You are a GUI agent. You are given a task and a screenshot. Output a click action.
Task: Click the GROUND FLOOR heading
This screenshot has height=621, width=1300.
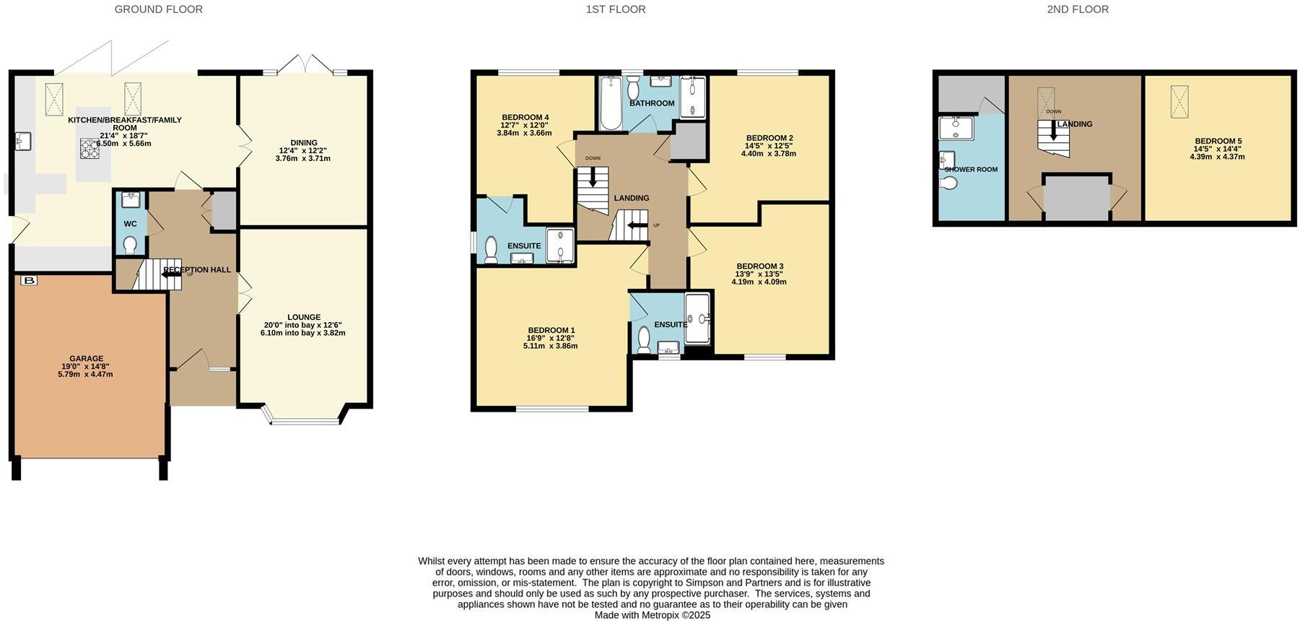pos(158,9)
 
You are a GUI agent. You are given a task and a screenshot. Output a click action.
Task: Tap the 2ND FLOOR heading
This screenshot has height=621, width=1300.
pos(1077,9)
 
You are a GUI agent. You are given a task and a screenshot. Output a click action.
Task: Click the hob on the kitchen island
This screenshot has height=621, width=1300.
pos(90,149)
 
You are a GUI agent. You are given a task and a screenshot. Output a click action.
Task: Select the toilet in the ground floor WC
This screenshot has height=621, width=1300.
pos(130,246)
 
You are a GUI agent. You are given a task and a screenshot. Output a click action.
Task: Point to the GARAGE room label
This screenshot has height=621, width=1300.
pos(86,358)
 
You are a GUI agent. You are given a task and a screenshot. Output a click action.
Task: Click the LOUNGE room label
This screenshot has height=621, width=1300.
pos(303,317)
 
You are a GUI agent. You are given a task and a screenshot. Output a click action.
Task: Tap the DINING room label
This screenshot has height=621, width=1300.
pos(303,142)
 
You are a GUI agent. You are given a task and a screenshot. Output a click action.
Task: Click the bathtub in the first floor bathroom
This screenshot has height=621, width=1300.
pos(611,104)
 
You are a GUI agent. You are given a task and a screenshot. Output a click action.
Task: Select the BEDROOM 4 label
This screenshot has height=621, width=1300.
pos(525,117)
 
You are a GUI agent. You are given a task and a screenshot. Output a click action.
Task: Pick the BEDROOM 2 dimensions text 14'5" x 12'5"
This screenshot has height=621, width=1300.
pos(769,146)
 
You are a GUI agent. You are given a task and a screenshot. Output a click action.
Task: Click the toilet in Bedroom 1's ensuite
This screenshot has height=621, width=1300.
pos(644,339)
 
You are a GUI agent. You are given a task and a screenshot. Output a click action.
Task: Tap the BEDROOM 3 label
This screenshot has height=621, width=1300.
pos(759,266)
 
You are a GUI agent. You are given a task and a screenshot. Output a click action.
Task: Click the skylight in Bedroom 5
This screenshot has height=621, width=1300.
pos(1179,97)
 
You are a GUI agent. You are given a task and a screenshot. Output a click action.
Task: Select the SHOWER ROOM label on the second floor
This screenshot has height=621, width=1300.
pos(971,170)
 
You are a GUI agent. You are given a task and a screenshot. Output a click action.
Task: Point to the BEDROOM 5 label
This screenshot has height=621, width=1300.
pos(1218,142)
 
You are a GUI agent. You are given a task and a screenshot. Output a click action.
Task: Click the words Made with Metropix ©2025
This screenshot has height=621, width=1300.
pos(652,615)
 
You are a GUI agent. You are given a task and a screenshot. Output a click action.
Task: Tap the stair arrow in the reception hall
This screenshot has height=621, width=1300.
pos(171,275)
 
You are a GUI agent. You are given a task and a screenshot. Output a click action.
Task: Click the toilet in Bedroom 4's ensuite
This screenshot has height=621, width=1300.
pos(491,249)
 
